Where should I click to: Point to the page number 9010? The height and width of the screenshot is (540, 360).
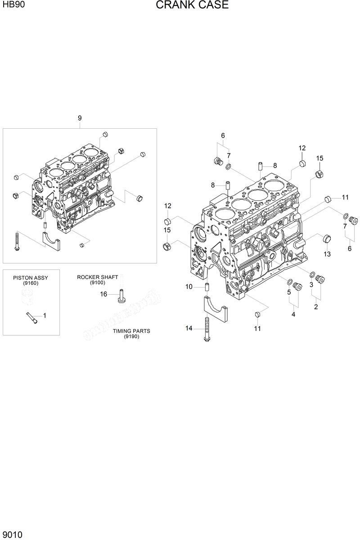click(12, 534)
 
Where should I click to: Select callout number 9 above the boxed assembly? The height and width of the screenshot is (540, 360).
click(80, 118)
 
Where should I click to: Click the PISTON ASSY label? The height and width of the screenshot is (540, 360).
click(30, 278)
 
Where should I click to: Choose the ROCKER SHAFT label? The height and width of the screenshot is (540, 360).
click(97, 277)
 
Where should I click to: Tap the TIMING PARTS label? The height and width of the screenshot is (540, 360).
click(131, 331)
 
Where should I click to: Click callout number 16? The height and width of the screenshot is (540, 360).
click(103, 294)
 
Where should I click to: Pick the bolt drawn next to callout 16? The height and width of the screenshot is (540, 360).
click(121, 296)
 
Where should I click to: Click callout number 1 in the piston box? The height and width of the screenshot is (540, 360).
click(44, 316)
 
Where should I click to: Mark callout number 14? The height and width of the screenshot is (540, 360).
click(189, 328)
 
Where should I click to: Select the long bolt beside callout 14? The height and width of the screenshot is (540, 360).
click(207, 329)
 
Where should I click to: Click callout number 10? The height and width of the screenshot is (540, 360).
click(189, 287)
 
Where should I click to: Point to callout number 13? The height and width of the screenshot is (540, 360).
click(327, 254)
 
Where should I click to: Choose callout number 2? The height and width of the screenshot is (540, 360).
click(316, 307)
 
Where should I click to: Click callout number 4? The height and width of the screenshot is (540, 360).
click(293, 315)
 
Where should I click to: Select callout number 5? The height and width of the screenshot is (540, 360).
click(289, 292)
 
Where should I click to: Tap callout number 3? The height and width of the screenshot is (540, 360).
click(311, 285)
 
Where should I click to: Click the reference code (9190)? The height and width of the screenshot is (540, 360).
click(131, 337)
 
